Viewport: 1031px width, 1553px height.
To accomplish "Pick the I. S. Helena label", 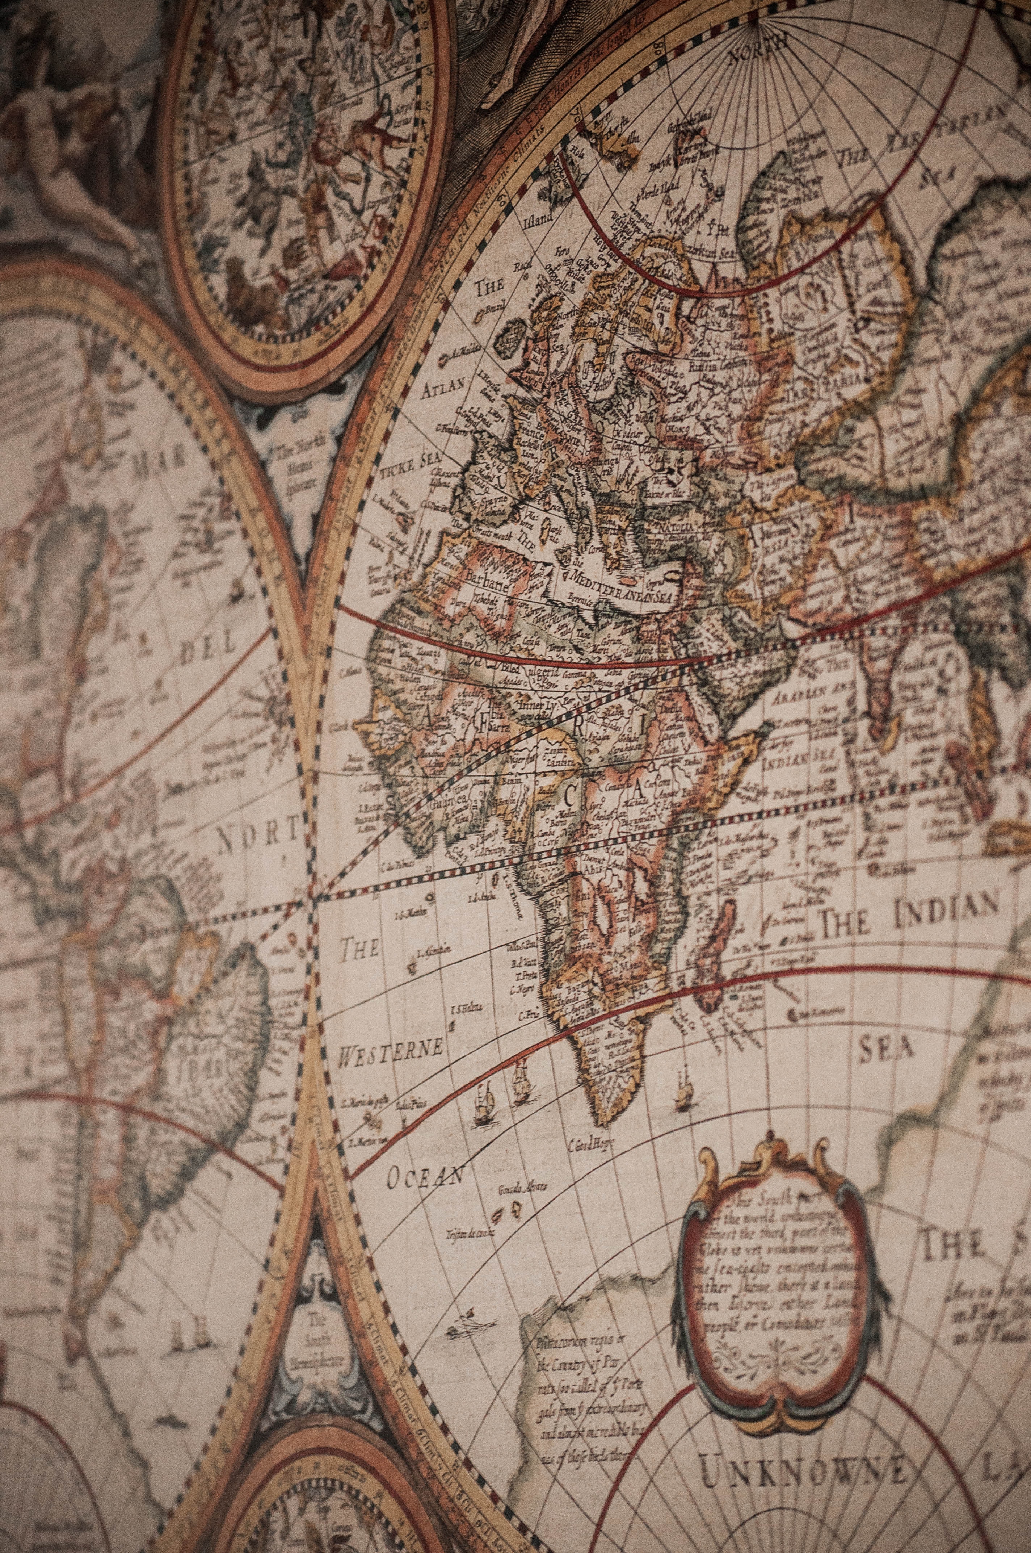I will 466,1008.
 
